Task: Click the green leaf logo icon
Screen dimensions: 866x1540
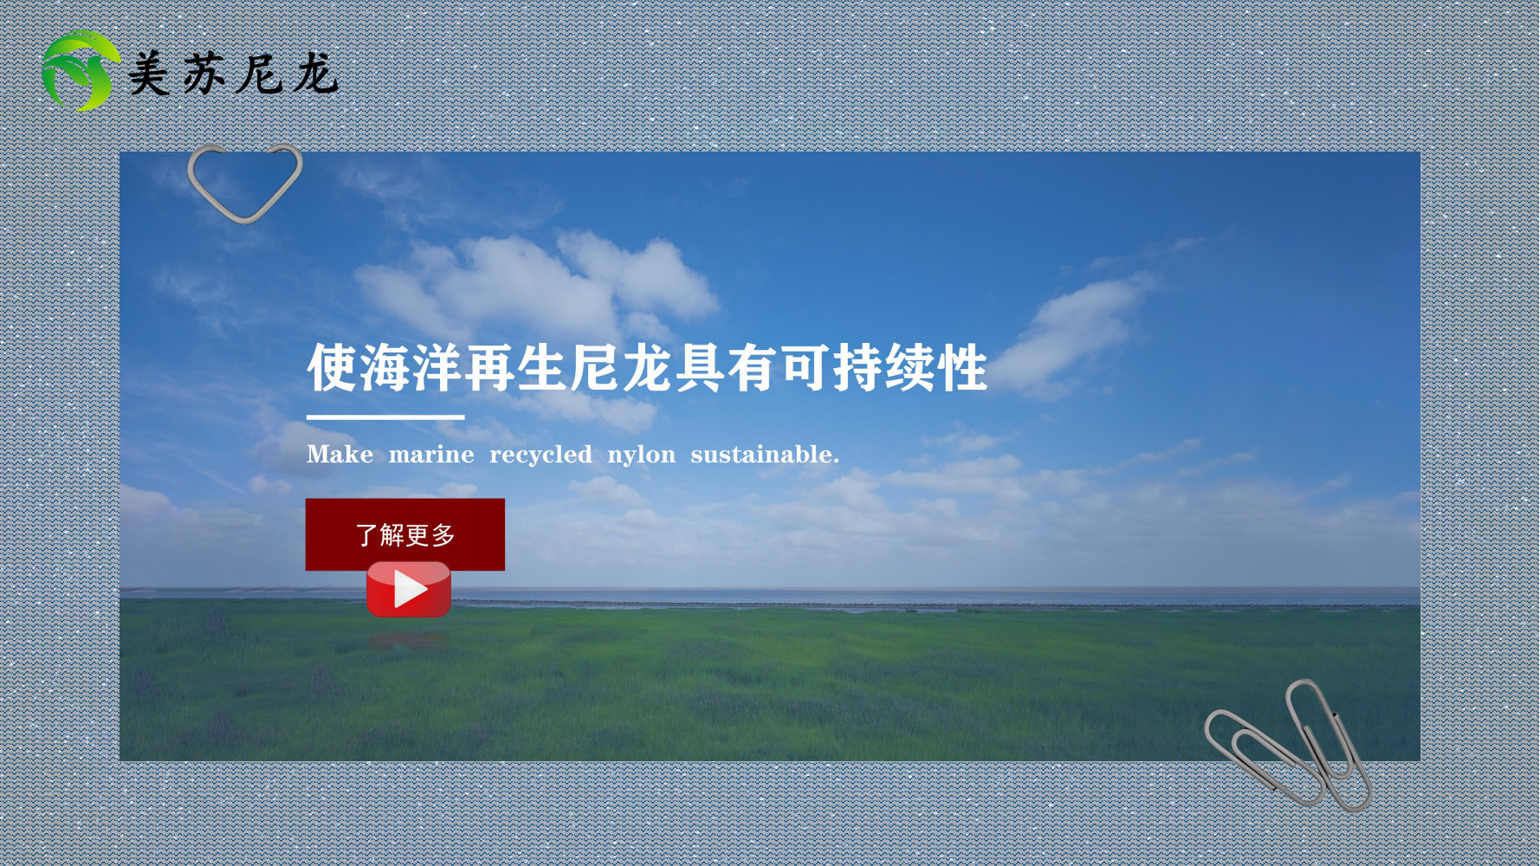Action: point(80,71)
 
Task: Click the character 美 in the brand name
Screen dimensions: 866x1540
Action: point(150,74)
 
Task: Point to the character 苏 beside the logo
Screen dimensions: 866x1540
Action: point(204,74)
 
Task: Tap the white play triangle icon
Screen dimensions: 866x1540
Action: point(410,590)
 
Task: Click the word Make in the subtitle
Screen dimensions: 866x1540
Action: point(340,455)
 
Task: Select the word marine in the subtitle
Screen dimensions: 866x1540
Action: point(431,455)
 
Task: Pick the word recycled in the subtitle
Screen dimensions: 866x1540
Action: point(540,455)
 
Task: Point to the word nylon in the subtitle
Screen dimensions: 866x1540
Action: point(641,455)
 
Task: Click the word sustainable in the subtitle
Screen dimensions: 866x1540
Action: point(762,455)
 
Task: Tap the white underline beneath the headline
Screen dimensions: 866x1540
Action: point(385,417)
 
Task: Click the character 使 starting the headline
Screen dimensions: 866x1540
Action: point(332,368)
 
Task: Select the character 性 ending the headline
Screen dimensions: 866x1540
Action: point(962,368)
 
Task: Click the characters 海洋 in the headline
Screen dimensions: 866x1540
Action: point(411,368)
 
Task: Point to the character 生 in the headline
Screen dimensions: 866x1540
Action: point(542,368)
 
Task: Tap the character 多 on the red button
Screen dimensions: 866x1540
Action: point(443,535)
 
